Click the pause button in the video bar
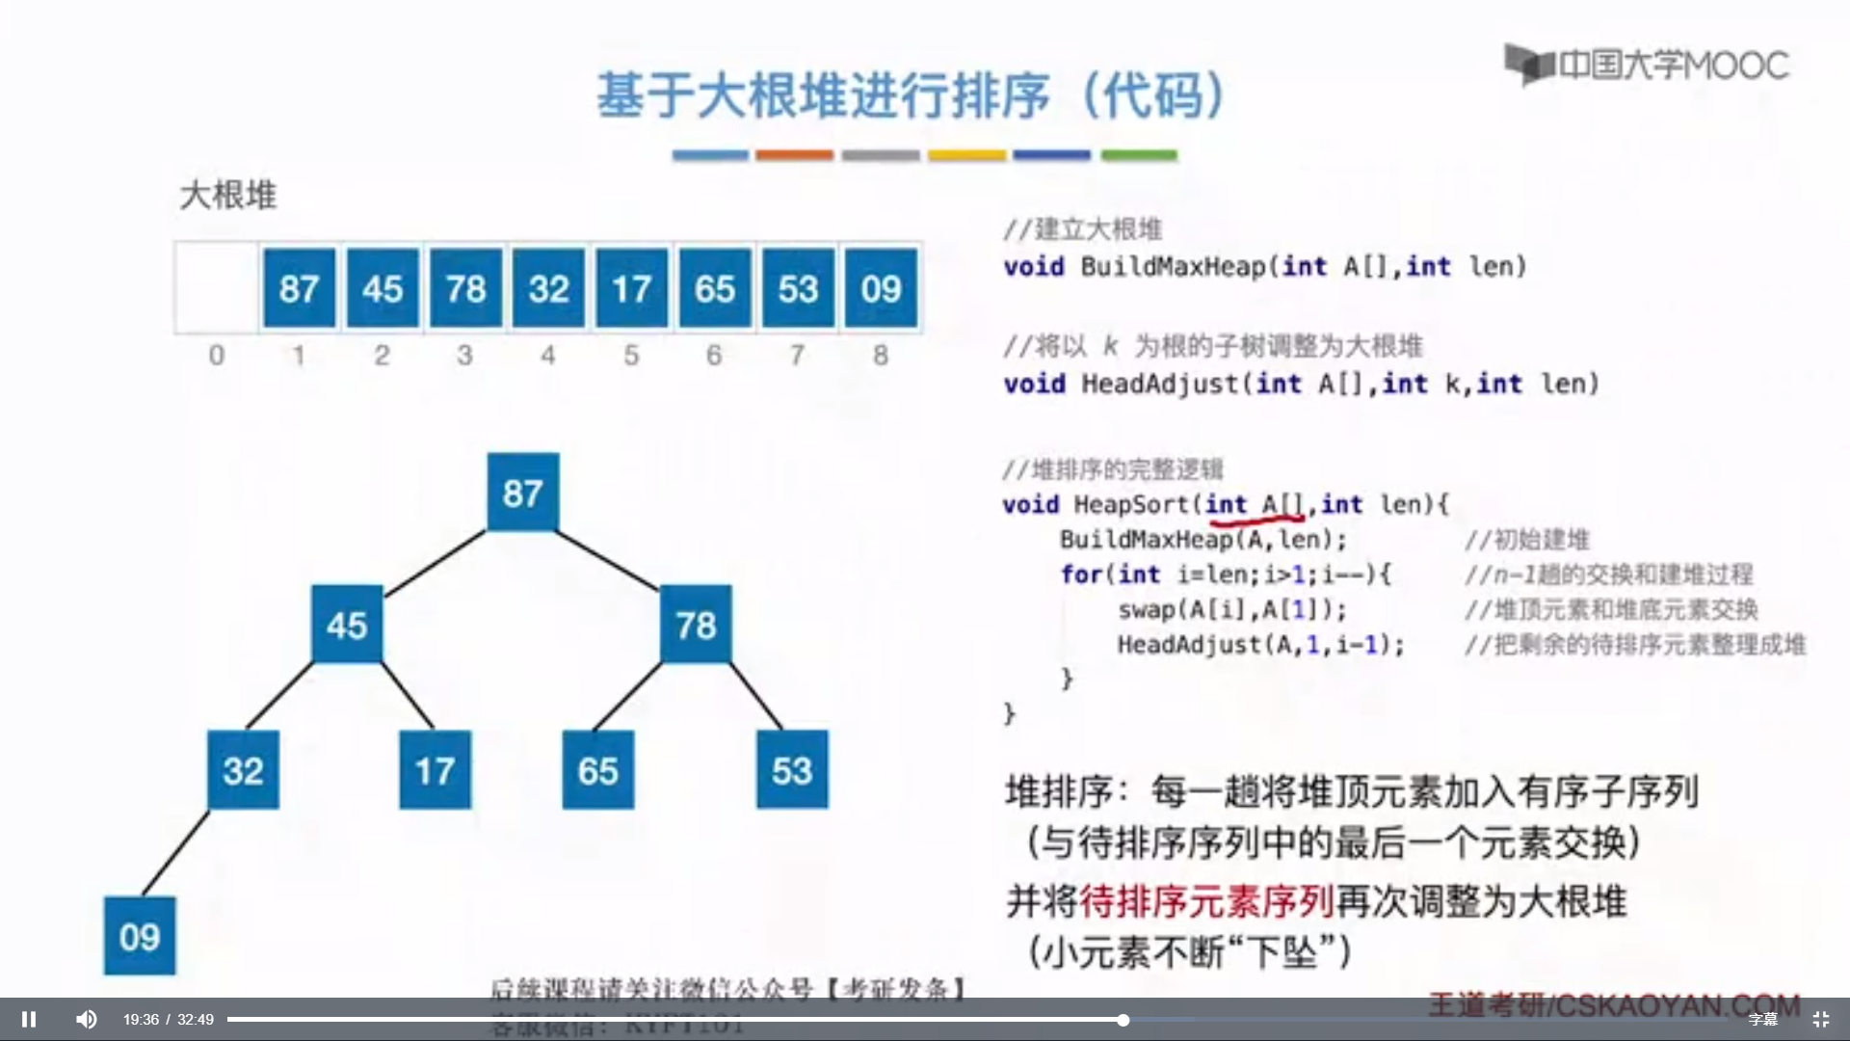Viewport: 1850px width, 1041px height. pyautogui.click(x=29, y=1019)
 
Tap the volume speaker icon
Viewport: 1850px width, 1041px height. pyautogui.click(x=87, y=1019)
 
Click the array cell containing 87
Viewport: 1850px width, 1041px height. pyautogui.click(x=299, y=288)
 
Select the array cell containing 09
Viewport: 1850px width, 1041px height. pyautogui.click(x=881, y=288)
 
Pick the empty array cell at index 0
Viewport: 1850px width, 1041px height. pyautogui.click(x=217, y=288)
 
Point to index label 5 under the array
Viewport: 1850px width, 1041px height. pyautogui.click(x=631, y=356)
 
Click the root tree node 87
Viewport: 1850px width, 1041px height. pyautogui.click(x=522, y=493)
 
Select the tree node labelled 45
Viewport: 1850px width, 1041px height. pyautogui.click(x=347, y=625)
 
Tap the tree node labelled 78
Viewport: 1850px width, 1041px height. pyautogui.click(x=696, y=625)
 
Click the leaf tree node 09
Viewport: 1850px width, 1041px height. pyautogui.click(x=140, y=936)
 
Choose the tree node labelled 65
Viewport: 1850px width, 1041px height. pyautogui.click(x=597, y=770)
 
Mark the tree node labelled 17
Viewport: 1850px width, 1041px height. pyautogui.click(x=435, y=770)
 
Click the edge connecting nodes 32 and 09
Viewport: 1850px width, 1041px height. pyautogui.click(x=175, y=854)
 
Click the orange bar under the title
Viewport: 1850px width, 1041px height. pyautogui.click(x=794, y=155)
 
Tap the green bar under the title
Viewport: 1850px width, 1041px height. pyautogui.click(x=1139, y=155)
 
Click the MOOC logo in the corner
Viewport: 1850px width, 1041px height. pyautogui.click(x=1647, y=65)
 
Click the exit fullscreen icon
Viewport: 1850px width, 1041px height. pyautogui.click(x=1820, y=1019)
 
